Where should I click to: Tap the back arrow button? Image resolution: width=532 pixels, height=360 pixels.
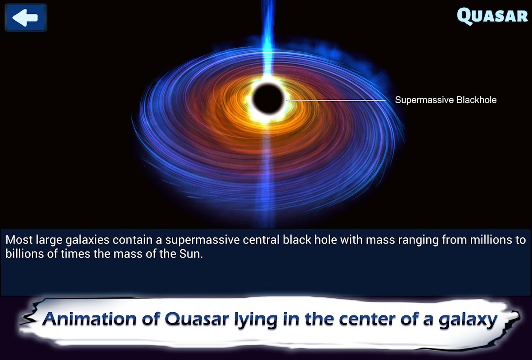(x=26, y=18)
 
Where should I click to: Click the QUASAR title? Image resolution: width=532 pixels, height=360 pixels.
(x=492, y=16)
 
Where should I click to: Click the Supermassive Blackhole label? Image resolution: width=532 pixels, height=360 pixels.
(x=446, y=100)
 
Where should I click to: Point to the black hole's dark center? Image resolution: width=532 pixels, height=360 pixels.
(x=268, y=99)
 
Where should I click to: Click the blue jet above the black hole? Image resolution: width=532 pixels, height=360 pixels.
(x=268, y=37)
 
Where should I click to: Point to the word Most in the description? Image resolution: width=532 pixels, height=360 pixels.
(x=19, y=240)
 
